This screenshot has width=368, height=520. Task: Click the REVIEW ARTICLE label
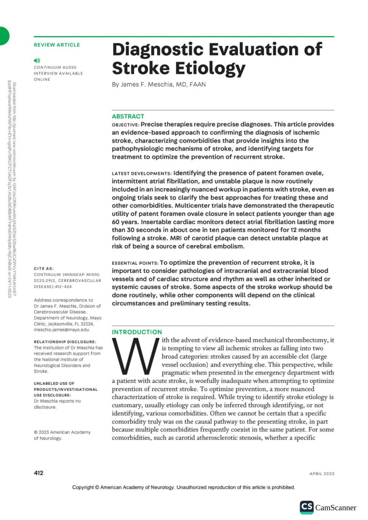tap(57, 45)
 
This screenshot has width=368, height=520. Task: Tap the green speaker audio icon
tap(37, 61)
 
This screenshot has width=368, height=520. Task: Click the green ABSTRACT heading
tap(128, 116)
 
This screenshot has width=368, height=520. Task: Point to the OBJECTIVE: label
tap(125, 125)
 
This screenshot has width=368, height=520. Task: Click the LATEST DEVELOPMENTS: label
tap(142, 174)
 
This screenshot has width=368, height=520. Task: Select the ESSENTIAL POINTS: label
tap(135, 263)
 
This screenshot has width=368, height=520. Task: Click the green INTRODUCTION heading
tap(137, 332)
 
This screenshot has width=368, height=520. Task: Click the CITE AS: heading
tap(44, 269)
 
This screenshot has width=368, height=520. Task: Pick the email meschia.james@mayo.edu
tap(62, 330)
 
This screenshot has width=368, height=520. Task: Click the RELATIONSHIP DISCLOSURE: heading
tap(65, 342)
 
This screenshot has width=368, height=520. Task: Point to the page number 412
tap(39, 473)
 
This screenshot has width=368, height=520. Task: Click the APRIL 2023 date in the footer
tap(322, 474)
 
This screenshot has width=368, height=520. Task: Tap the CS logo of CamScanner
tap(306, 507)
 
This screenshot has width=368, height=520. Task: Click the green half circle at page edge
tap(4, 36)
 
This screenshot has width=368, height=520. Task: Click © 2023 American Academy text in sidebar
tap(62, 432)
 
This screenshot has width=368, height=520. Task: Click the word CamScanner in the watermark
tap(335, 508)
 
